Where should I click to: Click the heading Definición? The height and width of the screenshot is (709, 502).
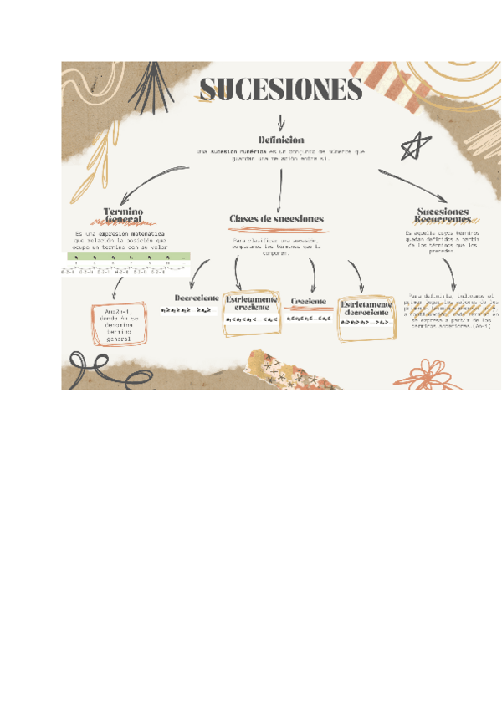point(281,140)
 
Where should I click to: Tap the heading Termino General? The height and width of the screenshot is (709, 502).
point(123,215)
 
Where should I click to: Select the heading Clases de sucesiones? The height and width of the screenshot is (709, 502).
point(276,219)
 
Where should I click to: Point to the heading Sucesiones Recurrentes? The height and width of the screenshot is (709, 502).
point(443,216)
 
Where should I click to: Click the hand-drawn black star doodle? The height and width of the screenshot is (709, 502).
point(412,148)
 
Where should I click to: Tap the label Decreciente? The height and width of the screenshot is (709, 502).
point(197,298)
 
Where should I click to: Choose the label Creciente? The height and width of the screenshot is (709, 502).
point(308,301)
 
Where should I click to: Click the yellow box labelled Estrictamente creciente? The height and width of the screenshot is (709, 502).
point(250,313)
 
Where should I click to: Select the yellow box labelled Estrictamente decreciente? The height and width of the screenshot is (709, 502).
point(366,317)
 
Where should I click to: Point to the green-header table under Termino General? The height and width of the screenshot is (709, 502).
point(128,263)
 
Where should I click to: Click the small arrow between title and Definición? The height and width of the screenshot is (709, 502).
point(280,121)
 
